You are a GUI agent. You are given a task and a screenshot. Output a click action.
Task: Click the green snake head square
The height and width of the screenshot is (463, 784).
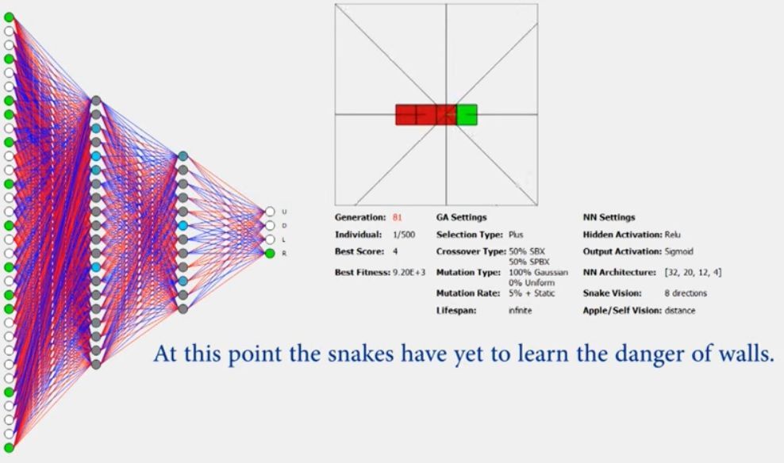click(467, 115)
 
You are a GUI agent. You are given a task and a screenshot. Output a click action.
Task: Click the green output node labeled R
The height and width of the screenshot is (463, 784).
click(270, 253)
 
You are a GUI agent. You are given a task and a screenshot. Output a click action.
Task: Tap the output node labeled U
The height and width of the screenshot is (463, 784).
click(270, 212)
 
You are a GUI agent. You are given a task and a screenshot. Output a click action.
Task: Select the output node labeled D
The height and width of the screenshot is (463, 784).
click(270, 226)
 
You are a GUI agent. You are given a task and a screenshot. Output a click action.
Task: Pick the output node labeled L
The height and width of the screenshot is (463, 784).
click(270, 239)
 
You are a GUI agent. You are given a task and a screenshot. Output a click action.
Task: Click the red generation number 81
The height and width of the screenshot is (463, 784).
click(397, 217)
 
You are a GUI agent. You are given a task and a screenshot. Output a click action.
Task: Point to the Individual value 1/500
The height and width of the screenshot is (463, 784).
click(404, 235)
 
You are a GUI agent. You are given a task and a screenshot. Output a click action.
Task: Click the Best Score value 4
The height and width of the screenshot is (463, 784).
click(395, 252)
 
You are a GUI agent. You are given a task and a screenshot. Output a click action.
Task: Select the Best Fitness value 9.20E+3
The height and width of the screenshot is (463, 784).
click(409, 272)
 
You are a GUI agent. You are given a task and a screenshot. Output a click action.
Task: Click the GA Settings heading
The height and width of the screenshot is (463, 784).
click(461, 217)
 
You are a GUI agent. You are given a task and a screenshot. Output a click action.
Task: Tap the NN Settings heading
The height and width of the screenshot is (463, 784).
click(609, 217)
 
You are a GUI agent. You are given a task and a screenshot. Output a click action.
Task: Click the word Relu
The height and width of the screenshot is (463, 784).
click(672, 235)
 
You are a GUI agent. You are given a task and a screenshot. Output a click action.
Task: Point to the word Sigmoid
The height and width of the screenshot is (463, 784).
click(679, 252)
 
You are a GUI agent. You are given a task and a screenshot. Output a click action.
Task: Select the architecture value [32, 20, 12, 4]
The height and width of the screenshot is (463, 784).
click(693, 272)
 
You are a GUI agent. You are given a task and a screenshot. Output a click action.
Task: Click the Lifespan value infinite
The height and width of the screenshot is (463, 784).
click(520, 311)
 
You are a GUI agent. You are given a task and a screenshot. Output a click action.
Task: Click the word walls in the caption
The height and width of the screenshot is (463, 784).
click(745, 354)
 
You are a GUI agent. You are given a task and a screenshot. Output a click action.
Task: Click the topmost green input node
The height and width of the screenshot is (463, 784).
click(9, 17)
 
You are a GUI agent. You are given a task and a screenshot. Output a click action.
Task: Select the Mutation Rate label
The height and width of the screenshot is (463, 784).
click(468, 293)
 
